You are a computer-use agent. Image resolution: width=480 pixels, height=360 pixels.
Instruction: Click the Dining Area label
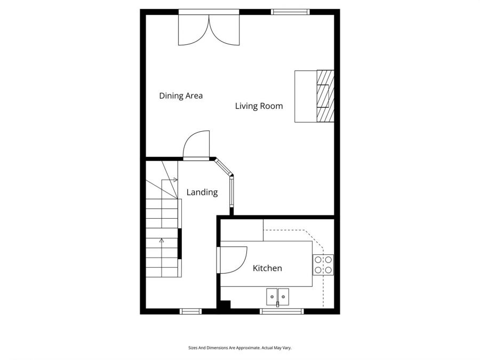tap(181, 96)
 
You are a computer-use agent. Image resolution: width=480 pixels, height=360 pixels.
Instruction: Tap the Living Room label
tap(259, 106)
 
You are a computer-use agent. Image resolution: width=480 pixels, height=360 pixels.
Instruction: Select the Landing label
tap(202, 192)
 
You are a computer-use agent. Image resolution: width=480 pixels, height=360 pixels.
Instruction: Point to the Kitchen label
tap(267, 268)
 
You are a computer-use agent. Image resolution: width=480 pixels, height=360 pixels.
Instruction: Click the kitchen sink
tap(277, 297)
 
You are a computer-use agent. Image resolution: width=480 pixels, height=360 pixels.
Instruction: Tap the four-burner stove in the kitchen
tap(323, 265)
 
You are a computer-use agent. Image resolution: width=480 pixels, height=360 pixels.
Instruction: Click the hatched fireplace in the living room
tap(325, 96)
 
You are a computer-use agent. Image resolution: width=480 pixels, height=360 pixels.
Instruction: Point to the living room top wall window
tap(290, 12)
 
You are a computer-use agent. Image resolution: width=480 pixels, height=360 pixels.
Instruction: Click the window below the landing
tap(190, 311)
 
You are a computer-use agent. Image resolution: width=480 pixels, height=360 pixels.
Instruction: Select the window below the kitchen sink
tap(282, 311)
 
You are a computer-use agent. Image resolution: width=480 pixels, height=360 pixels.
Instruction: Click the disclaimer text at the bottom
tap(239, 348)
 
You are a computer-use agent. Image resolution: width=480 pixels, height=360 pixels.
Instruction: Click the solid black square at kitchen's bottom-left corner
tap(225, 305)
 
